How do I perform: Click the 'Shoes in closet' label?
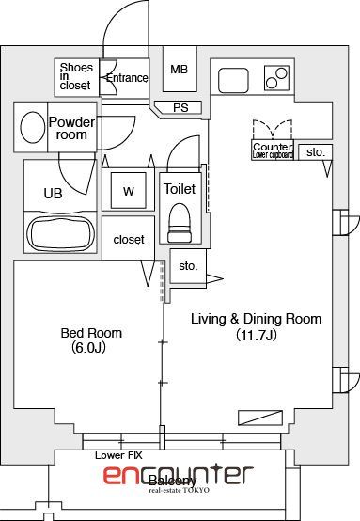(75, 76)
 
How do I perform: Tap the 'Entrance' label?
(126, 78)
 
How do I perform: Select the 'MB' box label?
(179, 70)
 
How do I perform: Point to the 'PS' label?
(180, 107)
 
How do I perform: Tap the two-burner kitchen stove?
(276, 77)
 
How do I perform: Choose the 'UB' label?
(53, 194)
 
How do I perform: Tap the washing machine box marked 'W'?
(129, 191)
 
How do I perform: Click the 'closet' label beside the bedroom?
(129, 240)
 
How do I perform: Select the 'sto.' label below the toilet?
(188, 266)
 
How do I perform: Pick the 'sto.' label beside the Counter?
(315, 151)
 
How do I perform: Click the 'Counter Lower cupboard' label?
(273, 150)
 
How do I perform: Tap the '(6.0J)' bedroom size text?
(91, 347)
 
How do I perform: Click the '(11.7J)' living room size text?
(256, 334)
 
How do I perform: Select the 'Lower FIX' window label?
(117, 454)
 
